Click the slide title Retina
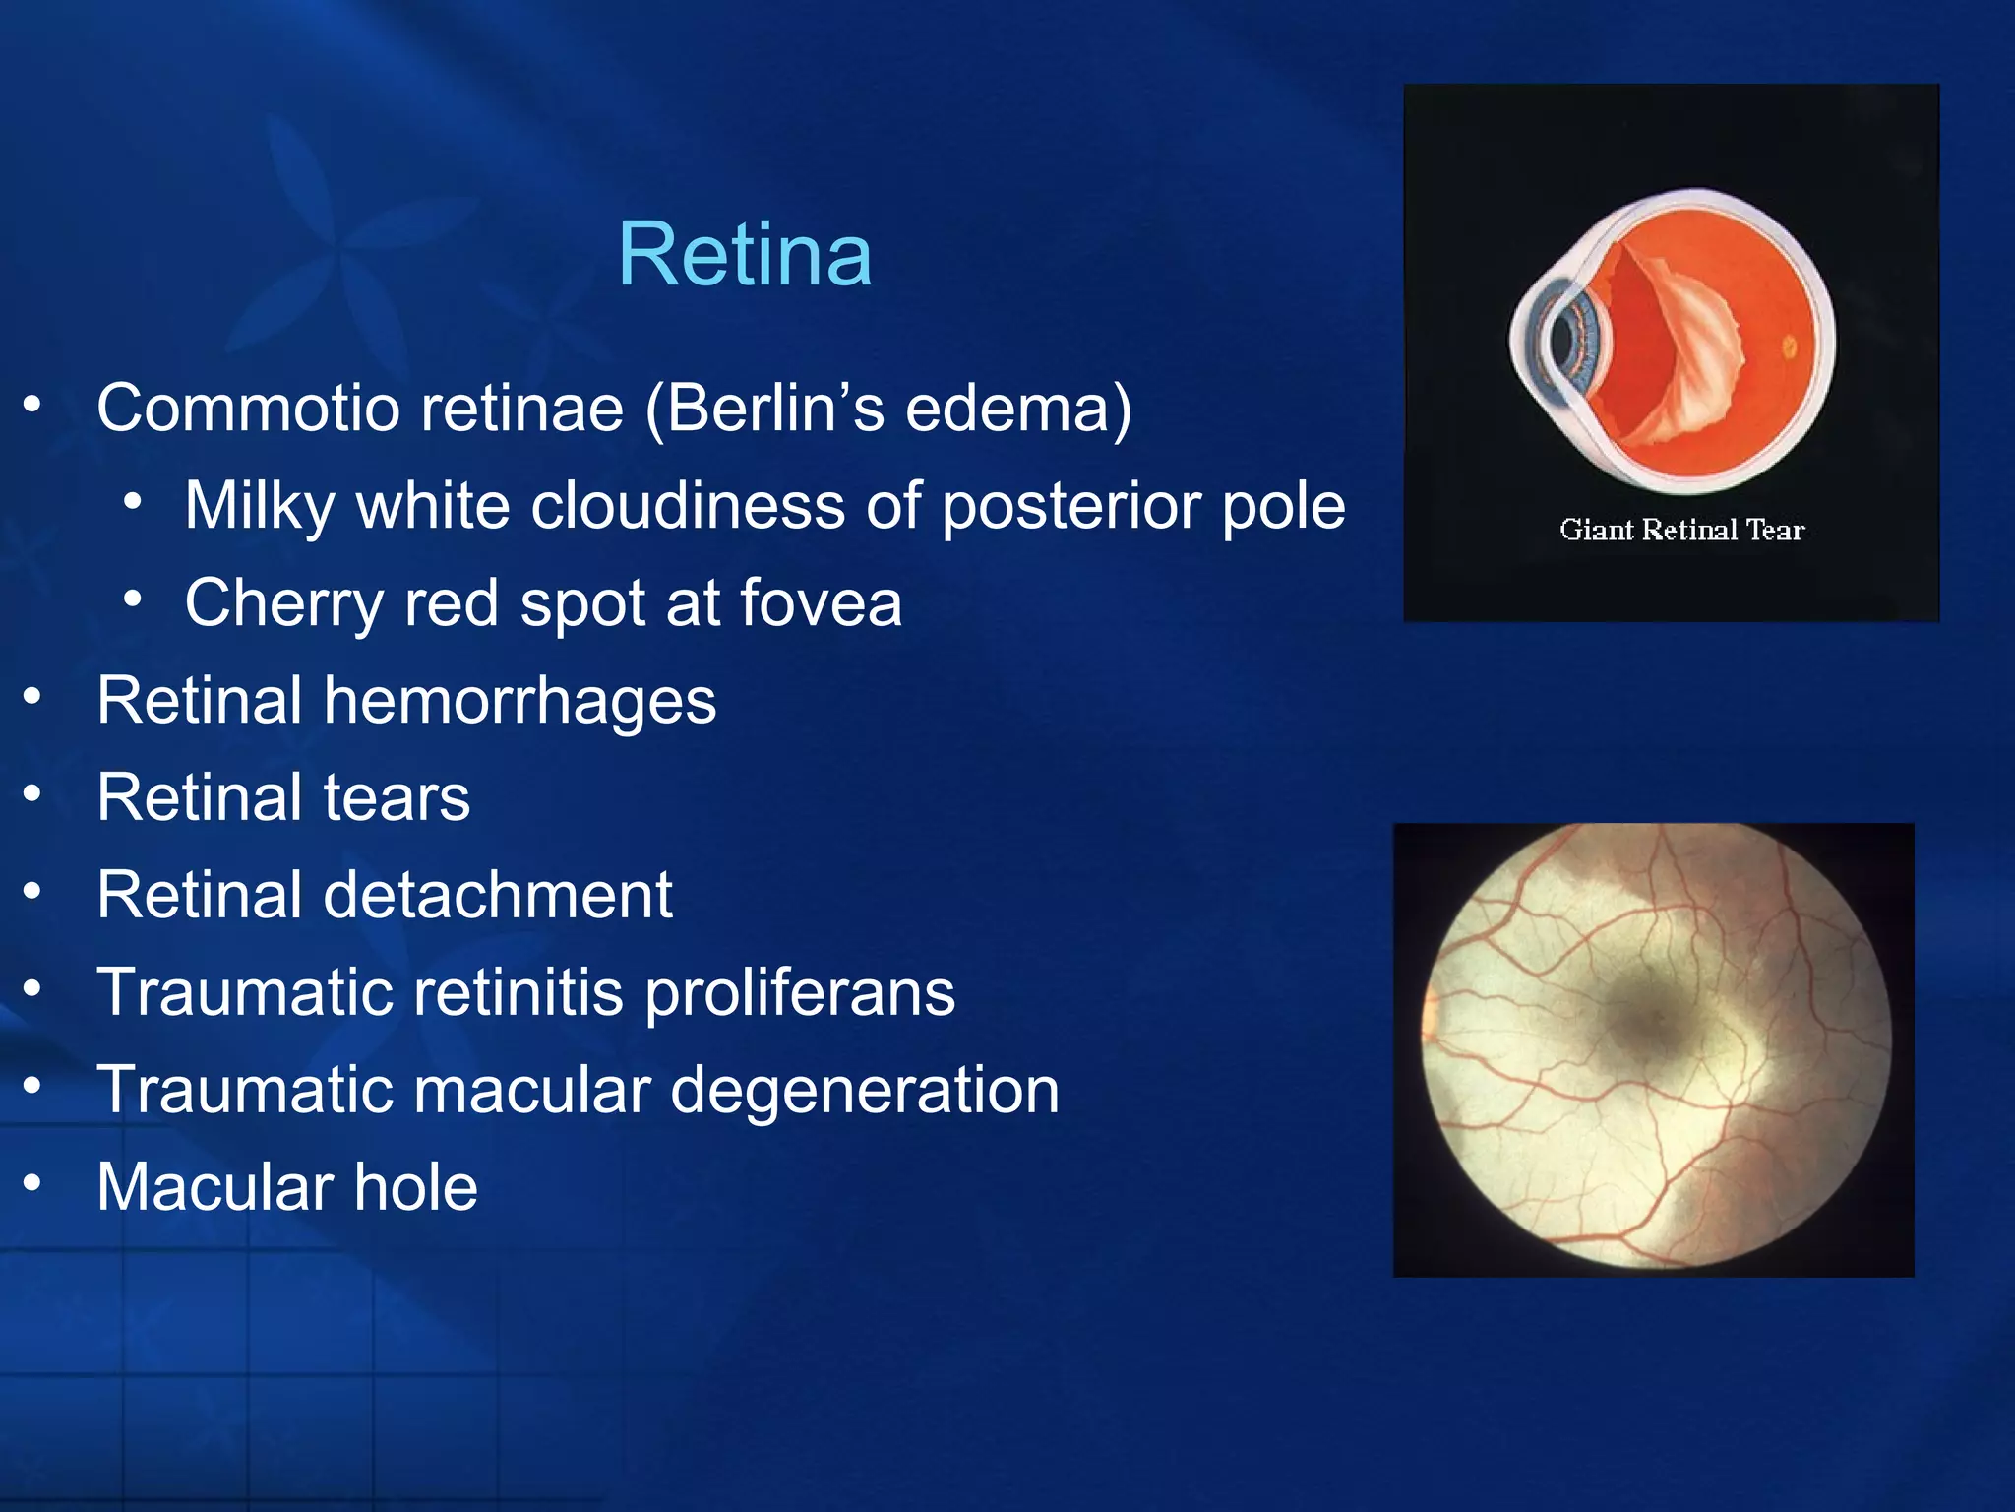point(745,255)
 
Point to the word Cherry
point(283,602)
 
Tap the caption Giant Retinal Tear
point(1681,530)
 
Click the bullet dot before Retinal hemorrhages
point(33,697)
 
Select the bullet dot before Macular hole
point(33,1183)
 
